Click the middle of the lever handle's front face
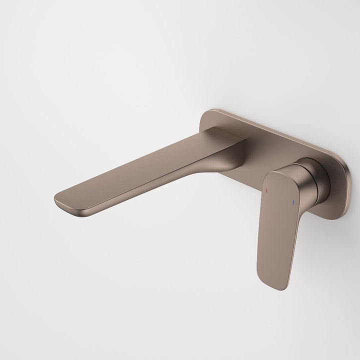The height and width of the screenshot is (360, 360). click(277, 230)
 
